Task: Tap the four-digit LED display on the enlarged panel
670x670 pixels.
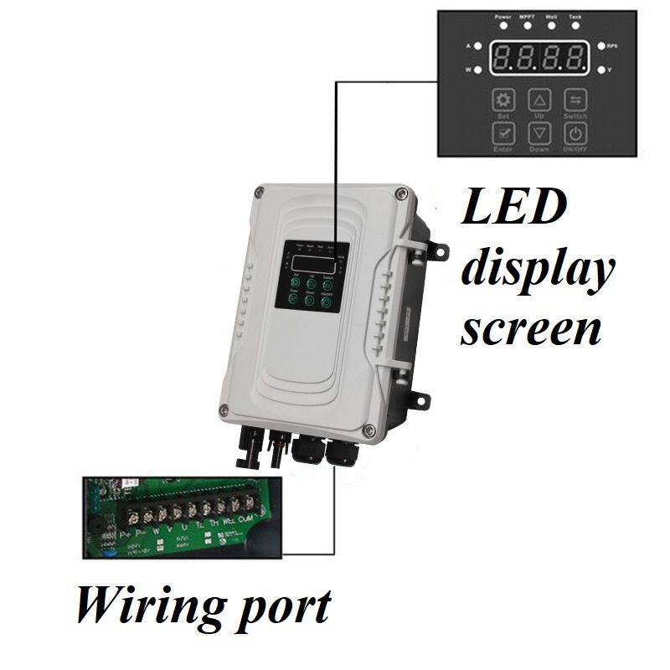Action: [538, 58]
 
